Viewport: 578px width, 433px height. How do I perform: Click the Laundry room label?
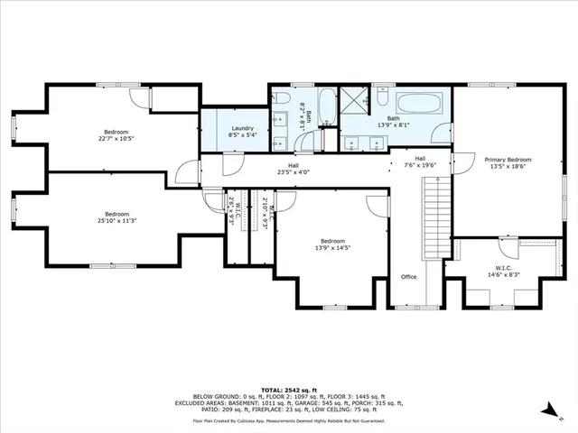242,129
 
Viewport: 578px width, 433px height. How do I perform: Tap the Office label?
409,277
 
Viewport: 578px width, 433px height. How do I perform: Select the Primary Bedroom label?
508,160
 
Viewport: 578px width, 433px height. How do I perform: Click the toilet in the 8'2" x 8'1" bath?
282,99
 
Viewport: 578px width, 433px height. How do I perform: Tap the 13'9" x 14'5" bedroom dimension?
332,248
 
